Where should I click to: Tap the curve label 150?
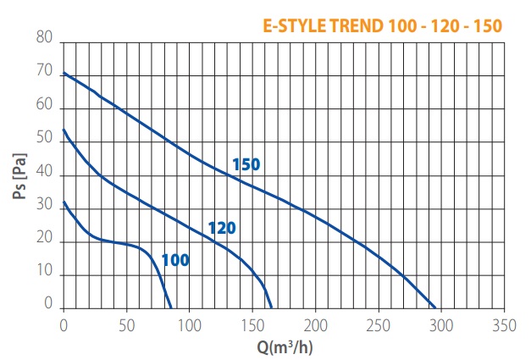tap(246, 164)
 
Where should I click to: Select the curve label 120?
tap(221, 228)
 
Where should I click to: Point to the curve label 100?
tap(175, 260)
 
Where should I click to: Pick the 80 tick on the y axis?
tap(45, 40)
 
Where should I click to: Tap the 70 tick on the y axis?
tap(45, 74)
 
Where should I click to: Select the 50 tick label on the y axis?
tap(45, 141)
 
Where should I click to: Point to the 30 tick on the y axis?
tap(45, 208)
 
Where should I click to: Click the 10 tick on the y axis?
tap(45, 274)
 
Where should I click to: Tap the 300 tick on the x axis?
tap(440, 324)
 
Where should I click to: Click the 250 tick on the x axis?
tap(378, 324)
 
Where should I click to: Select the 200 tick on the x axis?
tap(315, 324)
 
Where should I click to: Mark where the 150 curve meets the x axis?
tap(435, 308)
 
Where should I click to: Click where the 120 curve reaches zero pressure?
tap(272, 308)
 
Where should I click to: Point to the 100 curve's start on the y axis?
tap(64, 202)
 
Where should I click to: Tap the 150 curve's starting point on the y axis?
tap(64, 73)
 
